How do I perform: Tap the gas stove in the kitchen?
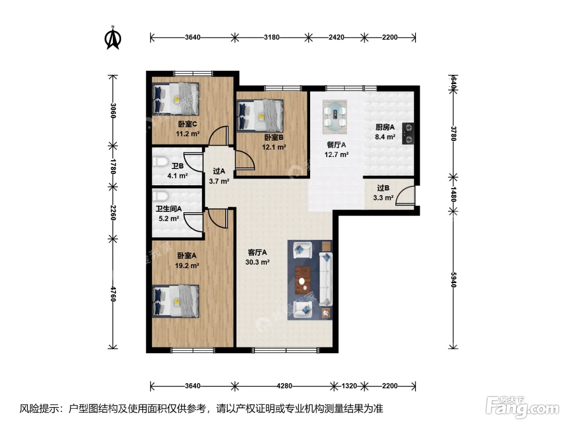point(408,133)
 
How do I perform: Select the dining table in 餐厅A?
point(334,117)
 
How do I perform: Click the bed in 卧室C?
point(175,99)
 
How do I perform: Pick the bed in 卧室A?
point(175,301)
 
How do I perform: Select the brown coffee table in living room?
point(303,280)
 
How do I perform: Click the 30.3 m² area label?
point(258,262)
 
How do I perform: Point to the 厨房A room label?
point(385,127)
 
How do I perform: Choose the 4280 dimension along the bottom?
point(285,386)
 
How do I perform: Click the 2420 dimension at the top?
point(336,37)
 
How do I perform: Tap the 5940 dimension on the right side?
point(454,280)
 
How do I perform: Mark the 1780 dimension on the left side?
point(113,166)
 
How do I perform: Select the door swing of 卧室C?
point(219,136)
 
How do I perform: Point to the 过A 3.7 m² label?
point(219,176)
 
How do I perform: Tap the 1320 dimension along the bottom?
point(349,386)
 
